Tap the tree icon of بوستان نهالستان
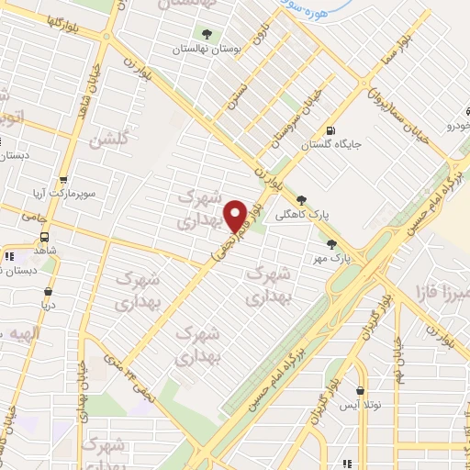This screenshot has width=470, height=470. pyautogui.click(x=207, y=34)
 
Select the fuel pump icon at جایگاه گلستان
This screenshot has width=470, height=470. pyautogui.click(x=330, y=129)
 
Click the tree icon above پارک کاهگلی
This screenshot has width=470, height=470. pyautogui.click(x=302, y=197)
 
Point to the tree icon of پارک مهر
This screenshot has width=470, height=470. pyautogui.click(x=331, y=243)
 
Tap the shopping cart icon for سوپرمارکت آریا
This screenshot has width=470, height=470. pyautogui.click(x=62, y=180)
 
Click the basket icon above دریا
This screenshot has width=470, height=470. pyautogui.click(x=48, y=293)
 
